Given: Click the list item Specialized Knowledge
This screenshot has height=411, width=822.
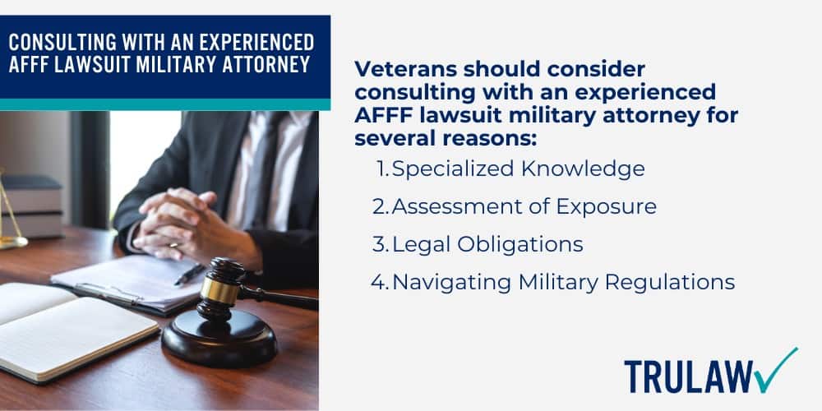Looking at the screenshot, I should [x=518, y=169].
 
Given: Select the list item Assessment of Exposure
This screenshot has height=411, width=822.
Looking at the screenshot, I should [x=524, y=207].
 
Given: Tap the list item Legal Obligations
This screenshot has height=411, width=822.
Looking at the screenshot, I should [x=487, y=244].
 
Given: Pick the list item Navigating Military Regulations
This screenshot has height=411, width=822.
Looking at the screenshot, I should [x=563, y=282].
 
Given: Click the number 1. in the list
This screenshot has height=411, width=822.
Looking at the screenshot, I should [x=382, y=169].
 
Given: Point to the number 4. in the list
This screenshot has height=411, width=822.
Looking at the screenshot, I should [x=379, y=282].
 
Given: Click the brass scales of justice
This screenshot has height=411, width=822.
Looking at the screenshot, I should [x=10, y=214].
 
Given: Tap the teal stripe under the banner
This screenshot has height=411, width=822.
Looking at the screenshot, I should [x=164, y=104].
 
